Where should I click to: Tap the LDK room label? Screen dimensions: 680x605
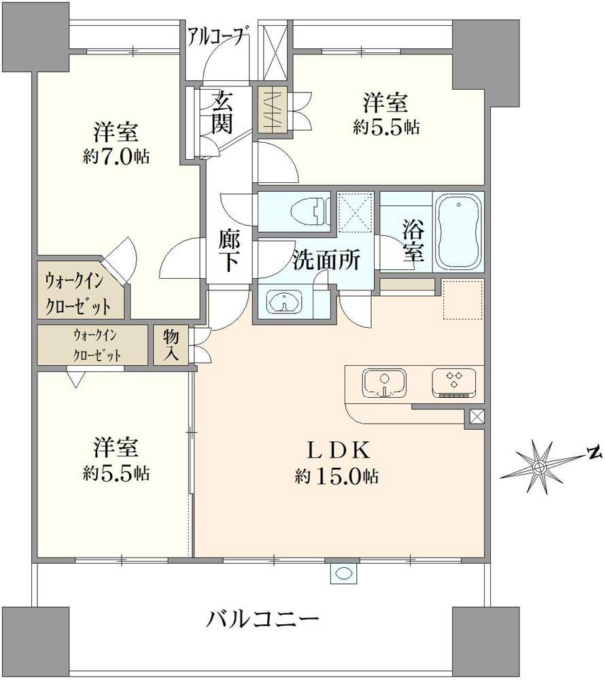point(337,450)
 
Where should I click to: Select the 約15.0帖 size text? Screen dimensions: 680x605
point(337,477)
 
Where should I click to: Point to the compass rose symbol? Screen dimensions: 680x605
point(538,467)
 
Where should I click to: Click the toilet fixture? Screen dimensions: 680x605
point(309,211)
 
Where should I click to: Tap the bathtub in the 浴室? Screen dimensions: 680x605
point(458,233)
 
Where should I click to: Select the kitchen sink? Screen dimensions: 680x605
point(384,381)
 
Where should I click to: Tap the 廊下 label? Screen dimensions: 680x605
point(228,250)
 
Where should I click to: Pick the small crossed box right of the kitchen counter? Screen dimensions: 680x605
point(477,418)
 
